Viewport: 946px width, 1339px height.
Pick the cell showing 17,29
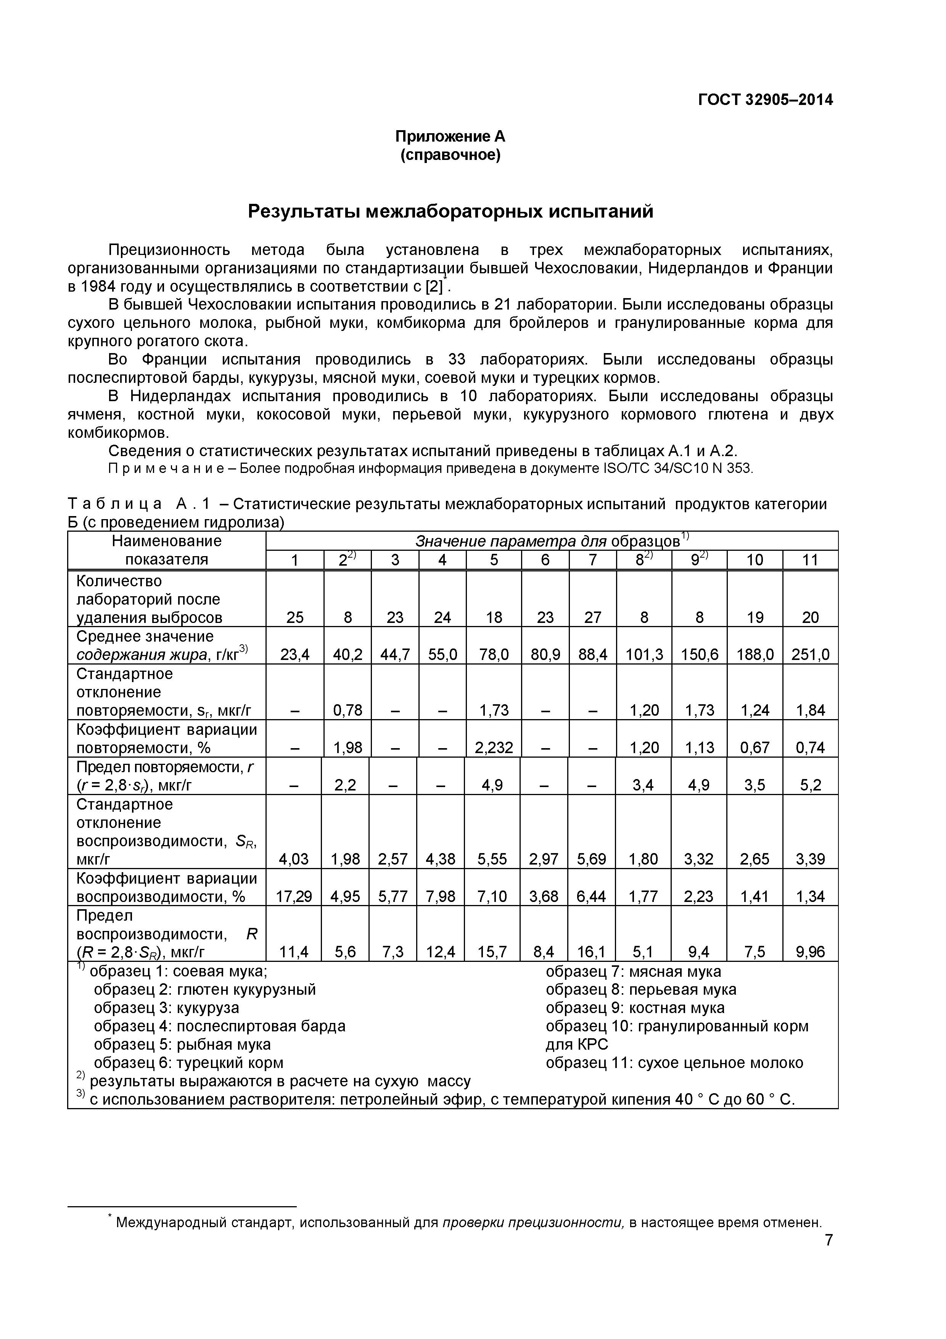[294, 896]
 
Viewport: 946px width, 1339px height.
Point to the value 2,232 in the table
[493, 748]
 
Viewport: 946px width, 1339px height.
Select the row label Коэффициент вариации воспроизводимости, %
[166, 887]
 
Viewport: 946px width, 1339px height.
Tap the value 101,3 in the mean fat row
[644, 654]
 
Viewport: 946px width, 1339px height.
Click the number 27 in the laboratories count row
[592, 617]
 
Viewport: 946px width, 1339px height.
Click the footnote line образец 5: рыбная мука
[182, 1044]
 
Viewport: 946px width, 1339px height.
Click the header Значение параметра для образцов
[548, 541]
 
